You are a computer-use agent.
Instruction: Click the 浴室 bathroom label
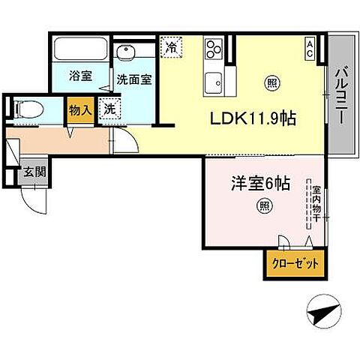81,76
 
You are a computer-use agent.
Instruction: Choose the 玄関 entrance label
34,172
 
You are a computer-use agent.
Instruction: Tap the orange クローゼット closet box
295,264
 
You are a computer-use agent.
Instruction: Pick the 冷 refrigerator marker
172,46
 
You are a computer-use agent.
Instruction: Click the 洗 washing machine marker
110,108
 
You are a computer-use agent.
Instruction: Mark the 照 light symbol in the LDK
270,83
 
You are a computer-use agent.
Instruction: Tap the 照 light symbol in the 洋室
262,205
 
